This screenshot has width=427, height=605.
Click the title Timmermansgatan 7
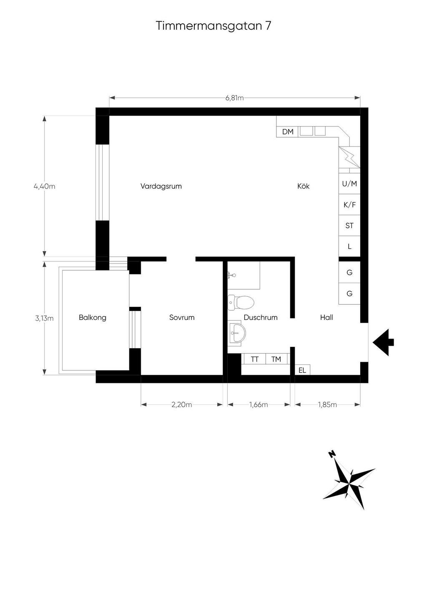tap(213, 26)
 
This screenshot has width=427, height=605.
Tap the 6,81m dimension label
tap(234, 98)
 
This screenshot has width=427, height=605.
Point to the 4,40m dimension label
tap(44, 186)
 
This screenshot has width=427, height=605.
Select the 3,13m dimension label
tap(44, 318)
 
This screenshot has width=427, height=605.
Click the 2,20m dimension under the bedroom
tap(181, 405)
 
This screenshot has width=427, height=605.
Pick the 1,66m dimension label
tap(259, 405)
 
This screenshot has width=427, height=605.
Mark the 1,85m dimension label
tap(327, 405)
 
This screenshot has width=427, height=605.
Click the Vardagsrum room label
tap(161, 186)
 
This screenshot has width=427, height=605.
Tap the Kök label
tap(304, 186)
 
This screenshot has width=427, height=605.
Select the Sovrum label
tap(182, 317)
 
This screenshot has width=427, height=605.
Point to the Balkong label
tap(93, 317)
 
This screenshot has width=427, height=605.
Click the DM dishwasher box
tap(288, 132)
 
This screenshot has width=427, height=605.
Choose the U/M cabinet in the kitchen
tap(349, 184)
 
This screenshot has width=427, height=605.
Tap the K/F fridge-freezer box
tap(349, 205)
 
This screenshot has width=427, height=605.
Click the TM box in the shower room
tap(276, 359)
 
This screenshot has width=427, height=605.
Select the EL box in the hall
tap(302, 370)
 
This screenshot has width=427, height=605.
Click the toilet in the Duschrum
tap(241, 302)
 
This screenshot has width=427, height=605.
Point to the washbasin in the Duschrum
tap(236, 333)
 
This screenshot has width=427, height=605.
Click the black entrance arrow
tap(383, 342)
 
